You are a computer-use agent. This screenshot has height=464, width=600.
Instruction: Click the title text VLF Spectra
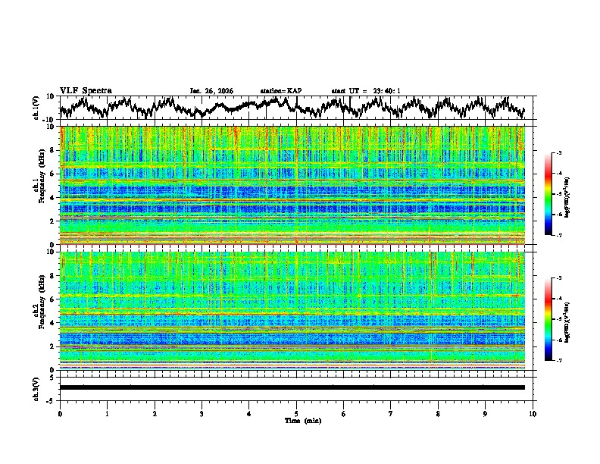coord(86,90)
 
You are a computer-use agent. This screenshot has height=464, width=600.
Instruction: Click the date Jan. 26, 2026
coord(211,91)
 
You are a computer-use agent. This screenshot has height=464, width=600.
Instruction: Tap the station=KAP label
coord(280,91)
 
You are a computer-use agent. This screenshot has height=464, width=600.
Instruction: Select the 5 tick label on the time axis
coord(296,414)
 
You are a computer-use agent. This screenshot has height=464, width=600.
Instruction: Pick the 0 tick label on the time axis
coord(60,414)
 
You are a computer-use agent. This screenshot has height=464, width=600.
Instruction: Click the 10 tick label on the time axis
coord(533,414)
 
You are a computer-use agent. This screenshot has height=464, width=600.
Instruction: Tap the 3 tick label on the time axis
coord(202,414)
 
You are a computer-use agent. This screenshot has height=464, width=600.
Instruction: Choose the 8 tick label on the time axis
coord(438,414)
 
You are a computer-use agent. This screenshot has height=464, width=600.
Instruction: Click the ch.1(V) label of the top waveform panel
coord(36,108)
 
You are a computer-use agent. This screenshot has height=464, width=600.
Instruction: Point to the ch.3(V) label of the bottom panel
coord(36,387)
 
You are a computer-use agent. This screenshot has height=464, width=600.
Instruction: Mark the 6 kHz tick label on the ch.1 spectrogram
coord(53,174)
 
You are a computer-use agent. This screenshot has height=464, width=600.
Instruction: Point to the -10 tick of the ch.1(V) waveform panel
coord(48,120)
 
